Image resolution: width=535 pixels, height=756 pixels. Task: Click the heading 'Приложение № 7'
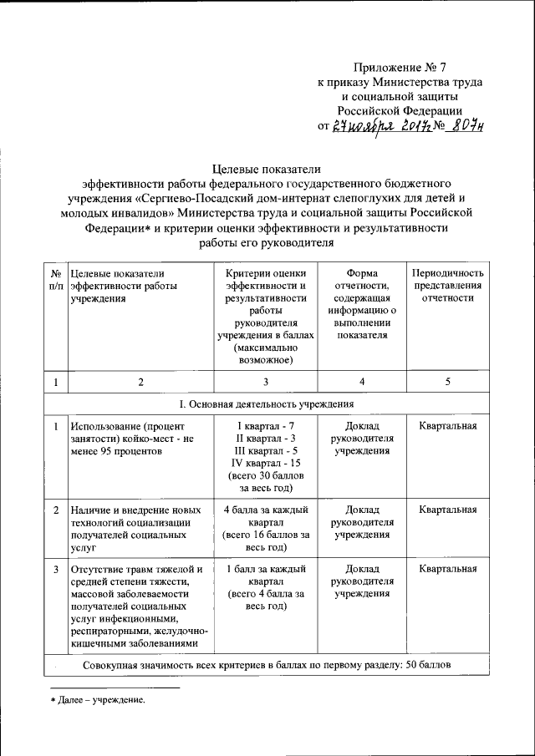pos(400,67)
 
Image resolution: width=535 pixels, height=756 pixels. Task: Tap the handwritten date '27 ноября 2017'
pos(376,126)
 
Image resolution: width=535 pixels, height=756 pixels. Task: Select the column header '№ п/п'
pos(55,280)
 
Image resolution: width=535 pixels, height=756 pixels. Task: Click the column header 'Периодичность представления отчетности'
pos(448,286)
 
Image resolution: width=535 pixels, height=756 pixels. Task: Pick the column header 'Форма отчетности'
pos(362,279)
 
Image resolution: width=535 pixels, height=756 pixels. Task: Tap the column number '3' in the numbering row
pos(265,382)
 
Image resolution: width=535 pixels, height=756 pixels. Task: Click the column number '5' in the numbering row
pos(448,382)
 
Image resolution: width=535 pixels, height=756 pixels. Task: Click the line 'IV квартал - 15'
pos(266,463)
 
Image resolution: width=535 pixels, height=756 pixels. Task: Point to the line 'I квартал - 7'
pos(266,425)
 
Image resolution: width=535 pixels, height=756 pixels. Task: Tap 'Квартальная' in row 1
pos(448,425)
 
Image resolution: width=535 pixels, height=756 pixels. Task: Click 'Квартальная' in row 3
pos(448,570)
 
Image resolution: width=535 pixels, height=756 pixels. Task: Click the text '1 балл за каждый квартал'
pos(265,576)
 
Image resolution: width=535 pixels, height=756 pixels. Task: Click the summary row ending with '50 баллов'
pos(267,666)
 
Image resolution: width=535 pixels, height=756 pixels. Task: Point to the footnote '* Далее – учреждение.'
pos(97,700)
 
